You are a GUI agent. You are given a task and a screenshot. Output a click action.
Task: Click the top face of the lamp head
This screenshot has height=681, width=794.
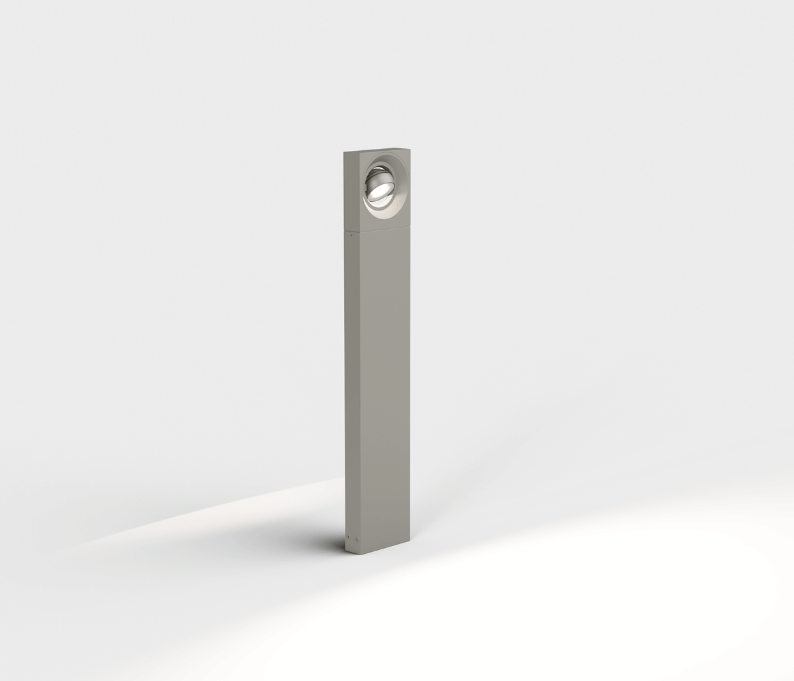(x=379, y=149)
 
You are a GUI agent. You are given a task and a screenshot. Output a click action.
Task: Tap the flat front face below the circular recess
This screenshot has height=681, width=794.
(x=384, y=224)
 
